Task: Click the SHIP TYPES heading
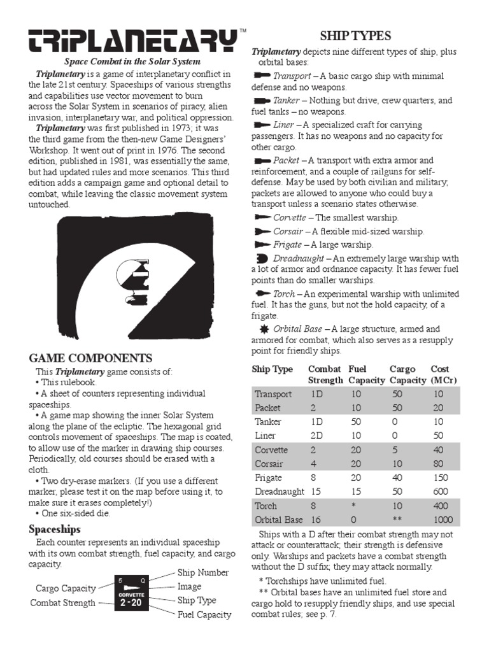(355, 36)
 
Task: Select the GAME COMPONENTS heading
(91, 358)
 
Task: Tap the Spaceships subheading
(55, 529)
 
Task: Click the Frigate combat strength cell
(313, 478)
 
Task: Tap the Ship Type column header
(273, 369)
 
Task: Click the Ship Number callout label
(203, 573)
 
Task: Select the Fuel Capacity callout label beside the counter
(204, 614)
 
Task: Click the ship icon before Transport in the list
(262, 76)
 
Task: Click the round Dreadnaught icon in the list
(262, 258)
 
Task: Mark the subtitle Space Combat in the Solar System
(132, 62)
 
